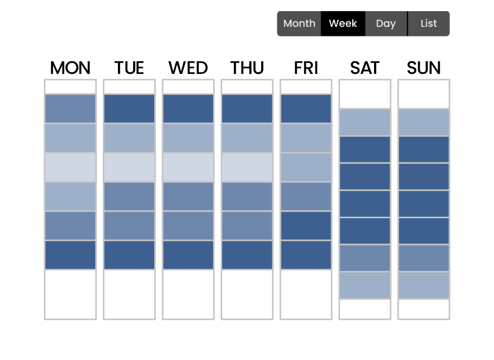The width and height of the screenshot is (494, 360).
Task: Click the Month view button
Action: (x=299, y=24)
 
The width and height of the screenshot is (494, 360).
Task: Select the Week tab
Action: (x=343, y=24)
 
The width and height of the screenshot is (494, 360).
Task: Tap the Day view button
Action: (x=386, y=24)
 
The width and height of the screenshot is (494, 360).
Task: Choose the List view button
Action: (x=428, y=24)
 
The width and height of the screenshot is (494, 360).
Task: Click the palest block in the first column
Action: (x=70, y=167)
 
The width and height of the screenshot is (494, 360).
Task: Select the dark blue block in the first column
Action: (x=70, y=255)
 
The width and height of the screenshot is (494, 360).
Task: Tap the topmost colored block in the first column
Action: (x=70, y=109)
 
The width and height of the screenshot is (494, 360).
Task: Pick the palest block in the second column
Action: (x=129, y=167)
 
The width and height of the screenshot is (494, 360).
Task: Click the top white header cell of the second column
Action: (x=129, y=87)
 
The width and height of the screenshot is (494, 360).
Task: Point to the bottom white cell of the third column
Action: (x=188, y=294)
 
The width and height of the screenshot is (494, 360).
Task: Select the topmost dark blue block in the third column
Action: (x=188, y=109)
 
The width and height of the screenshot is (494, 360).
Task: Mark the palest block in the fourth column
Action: (x=247, y=167)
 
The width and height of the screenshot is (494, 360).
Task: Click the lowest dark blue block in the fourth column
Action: (x=247, y=255)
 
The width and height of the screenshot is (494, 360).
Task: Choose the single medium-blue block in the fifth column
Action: (x=306, y=196)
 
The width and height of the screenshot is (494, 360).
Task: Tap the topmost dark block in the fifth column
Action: (x=306, y=109)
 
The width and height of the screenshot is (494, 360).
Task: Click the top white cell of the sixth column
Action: (x=365, y=94)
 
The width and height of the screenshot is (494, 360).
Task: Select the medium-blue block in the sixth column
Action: (x=365, y=258)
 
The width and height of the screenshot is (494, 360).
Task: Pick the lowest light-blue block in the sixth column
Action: (x=365, y=285)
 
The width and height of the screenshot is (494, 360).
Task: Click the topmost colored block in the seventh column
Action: (x=424, y=123)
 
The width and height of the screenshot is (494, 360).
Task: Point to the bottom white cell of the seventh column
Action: (x=424, y=309)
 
